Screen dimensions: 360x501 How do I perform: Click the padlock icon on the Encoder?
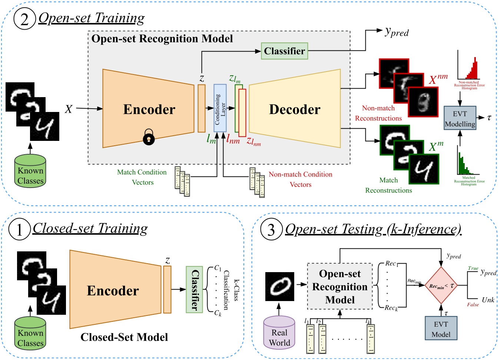tap(149, 137)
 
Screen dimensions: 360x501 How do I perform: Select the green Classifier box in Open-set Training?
tap(284, 51)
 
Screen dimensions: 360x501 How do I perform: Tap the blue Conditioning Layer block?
tap(220, 108)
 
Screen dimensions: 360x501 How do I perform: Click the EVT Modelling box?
tap(459, 118)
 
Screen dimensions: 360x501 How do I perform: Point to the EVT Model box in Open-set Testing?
tap(441, 328)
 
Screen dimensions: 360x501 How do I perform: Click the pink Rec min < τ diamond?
tap(441, 286)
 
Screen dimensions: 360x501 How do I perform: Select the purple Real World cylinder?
tap(279, 333)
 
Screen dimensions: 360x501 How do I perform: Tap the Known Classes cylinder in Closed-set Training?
tap(30, 333)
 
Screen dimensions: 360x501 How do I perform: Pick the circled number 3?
tap(271, 229)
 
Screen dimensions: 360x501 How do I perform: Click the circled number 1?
tap(19, 229)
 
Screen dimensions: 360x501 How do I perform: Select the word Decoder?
tap(295, 109)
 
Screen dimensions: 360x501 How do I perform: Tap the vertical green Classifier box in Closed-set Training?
tap(194, 290)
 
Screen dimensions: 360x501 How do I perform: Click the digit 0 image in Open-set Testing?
tap(280, 286)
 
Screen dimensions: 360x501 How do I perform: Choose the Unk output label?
tap(488, 300)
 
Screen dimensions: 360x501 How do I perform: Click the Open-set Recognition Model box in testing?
tap(340, 287)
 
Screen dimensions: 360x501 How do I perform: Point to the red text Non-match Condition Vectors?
tap(300, 179)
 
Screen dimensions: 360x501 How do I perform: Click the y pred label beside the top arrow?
tap(397, 33)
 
